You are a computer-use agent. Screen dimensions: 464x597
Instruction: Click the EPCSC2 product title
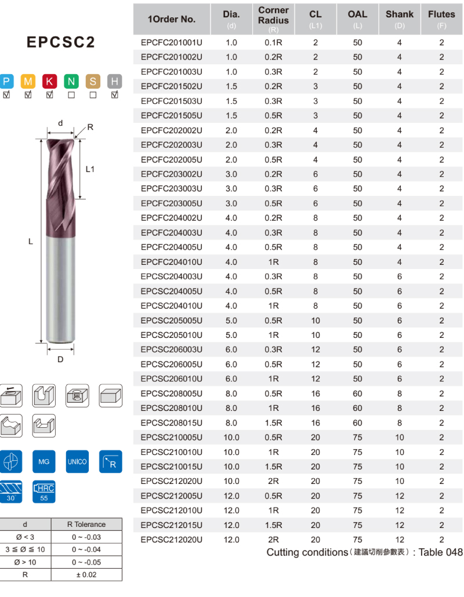pos(61,42)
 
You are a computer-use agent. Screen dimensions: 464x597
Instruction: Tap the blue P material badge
pos(6,81)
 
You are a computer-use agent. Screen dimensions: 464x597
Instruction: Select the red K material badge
pos(49,81)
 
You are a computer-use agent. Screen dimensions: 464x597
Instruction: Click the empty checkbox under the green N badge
pos(71,95)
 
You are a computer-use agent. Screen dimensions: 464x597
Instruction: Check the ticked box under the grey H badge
pos(115,95)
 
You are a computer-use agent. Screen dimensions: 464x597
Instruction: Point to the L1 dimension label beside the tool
pos(90,169)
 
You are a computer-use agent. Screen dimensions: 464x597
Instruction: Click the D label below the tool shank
pos(60,359)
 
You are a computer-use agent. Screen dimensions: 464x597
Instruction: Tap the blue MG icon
pos(44,461)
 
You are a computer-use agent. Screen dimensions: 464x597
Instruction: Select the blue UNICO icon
pos(77,461)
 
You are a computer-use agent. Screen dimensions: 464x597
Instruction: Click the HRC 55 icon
pos(44,492)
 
